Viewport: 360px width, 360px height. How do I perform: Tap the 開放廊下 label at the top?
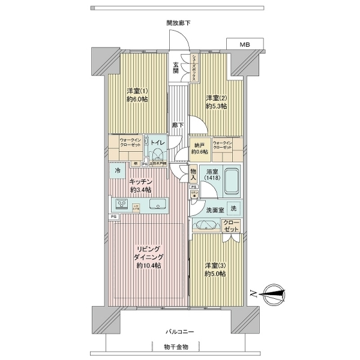click(179, 23)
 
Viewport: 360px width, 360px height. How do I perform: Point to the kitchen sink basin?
click(158, 203)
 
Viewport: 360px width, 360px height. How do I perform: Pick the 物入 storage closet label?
click(193, 175)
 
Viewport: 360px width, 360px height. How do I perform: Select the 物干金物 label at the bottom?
click(179, 347)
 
